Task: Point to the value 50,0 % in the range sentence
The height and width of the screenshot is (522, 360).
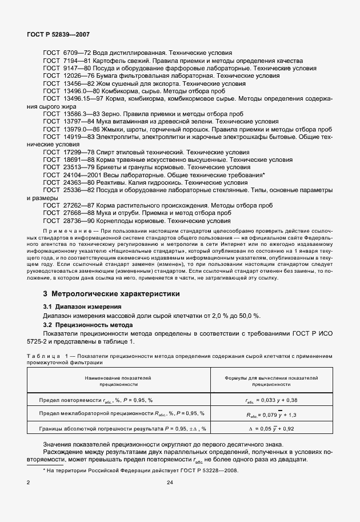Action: [x=249, y=316]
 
